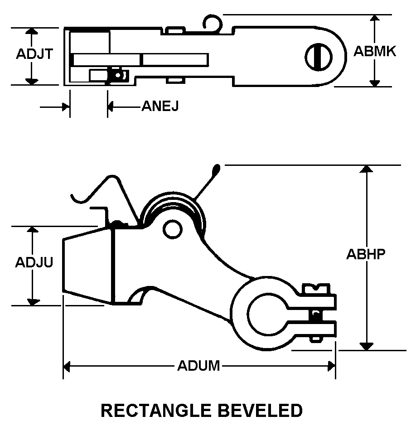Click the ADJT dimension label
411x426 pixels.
(x=34, y=54)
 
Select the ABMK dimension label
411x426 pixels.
(x=374, y=51)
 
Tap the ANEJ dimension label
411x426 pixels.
(x=160, y=106)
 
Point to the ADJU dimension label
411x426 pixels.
(x=34, y=263)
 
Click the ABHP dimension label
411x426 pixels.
(x=366, y=254)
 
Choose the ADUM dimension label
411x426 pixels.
(x=198, y=366)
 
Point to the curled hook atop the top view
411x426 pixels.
(x=211, y=22)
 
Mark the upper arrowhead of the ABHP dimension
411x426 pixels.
(x=366, y=169)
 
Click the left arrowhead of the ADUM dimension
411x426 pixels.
(x=67, y=366)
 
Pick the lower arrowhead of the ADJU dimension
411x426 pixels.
(x=32, y=301)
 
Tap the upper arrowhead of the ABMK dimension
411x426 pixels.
(x=374, y=18)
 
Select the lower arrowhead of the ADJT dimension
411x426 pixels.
(x=31, y=81)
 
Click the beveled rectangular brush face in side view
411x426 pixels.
(x=87, y=265)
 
